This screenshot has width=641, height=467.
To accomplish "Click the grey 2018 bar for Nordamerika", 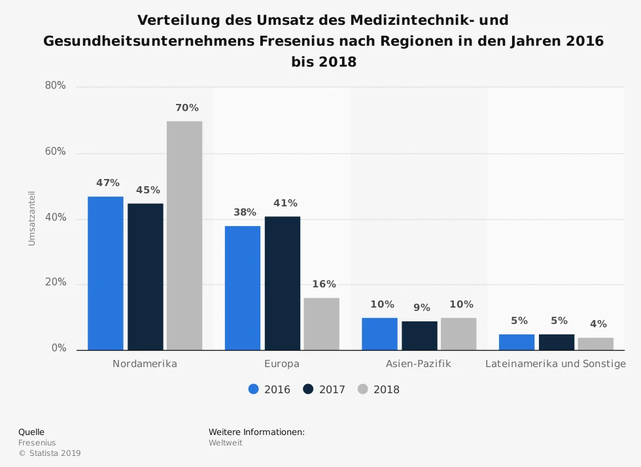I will pyautogui.click(x=184, y=235).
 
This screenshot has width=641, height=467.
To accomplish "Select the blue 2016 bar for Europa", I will pyautogui.click(x=243, y=287).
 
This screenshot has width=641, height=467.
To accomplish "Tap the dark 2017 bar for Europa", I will pyautogui.click(x=283, y=283).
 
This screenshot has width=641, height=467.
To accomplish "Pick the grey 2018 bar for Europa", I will pyautogui.click(x=322, y=323).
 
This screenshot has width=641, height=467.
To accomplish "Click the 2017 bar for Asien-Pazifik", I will pyautogui.click(x=419, y=335).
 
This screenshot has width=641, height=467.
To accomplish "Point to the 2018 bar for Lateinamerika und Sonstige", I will pyautogui.click(x=595, y=344).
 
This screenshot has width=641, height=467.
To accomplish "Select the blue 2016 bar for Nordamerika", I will pyautogui.click(x=105, y=273).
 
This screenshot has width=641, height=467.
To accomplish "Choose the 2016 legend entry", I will pyautogui.click(x=269, y=389).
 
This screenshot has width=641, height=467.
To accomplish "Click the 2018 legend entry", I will pyautogui.click(x=379, y=389).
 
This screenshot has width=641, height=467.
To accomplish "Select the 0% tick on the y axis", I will pyautogui.click(x=59, y=349).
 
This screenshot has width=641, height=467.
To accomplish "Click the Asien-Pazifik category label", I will pyautogui.click(x=419, y=364).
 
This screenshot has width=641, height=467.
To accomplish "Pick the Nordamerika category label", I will pyautogui.click(x=145, y=364).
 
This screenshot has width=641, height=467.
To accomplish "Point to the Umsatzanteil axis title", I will pyautogui.click(x=31, y=218).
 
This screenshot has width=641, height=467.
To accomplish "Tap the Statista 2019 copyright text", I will pyautogui.click(x=50, y=453).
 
